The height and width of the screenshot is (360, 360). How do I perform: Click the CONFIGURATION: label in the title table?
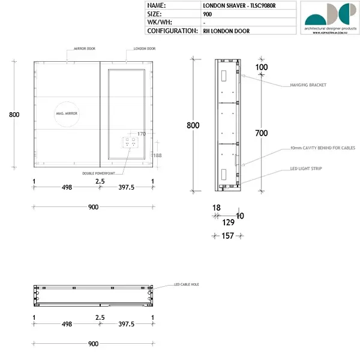172,31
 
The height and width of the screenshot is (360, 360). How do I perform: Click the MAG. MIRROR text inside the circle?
67,113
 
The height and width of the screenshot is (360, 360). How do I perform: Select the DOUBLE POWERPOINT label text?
101,173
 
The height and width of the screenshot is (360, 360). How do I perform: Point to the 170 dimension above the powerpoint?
142,134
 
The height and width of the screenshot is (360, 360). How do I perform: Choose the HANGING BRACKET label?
308,85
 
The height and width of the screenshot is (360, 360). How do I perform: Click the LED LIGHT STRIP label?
306,169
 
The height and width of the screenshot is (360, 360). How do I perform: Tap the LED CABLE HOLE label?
186,284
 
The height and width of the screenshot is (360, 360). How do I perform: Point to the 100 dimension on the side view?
261,67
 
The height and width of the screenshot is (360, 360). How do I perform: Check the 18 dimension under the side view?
216,208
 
